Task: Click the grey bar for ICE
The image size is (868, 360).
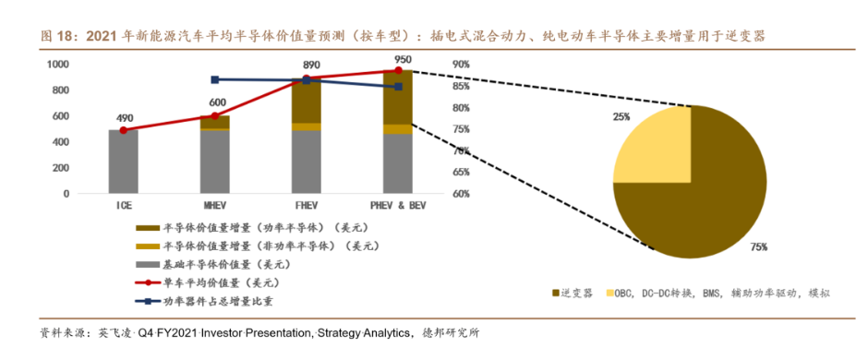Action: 123,162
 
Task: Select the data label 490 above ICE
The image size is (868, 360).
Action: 124,118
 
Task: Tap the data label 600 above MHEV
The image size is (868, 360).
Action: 217,102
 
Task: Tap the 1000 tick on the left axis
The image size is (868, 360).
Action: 57,65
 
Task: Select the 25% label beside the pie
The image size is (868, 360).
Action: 621,117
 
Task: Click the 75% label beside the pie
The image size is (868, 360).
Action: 758,247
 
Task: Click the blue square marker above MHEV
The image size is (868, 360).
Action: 215,80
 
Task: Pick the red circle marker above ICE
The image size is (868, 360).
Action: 124,130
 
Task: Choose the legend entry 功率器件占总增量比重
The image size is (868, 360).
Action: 212,299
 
